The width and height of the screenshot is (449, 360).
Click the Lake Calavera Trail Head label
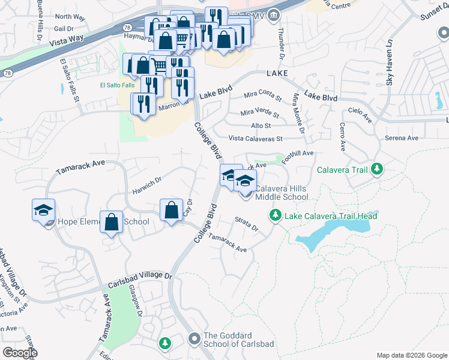(331, 215)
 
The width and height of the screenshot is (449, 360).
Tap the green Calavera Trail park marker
(377, 170)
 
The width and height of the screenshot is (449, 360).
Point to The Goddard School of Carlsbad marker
(194, 340)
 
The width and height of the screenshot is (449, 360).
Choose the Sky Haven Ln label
(389, 63)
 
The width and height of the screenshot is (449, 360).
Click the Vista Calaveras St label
(256, 139)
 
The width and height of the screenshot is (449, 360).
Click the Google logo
(20, 353)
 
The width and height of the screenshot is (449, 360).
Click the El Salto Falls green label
(117, 85)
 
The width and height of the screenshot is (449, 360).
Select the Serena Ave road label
(402, 138)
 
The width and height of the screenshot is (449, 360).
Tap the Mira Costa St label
(262, 95)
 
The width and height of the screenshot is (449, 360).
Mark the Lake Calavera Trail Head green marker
(276, 214)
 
